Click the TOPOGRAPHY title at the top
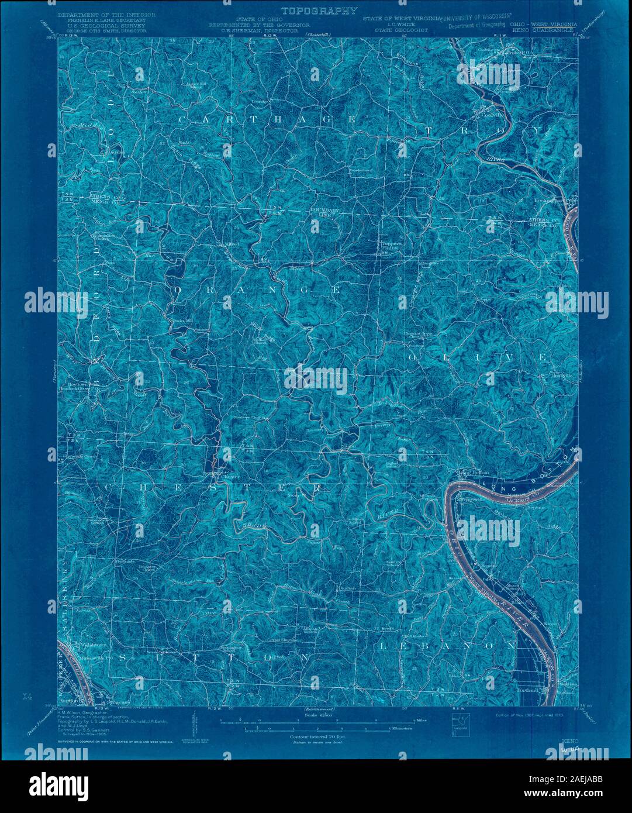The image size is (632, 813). click(319, 11)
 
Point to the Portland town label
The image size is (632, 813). click(528, 688)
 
